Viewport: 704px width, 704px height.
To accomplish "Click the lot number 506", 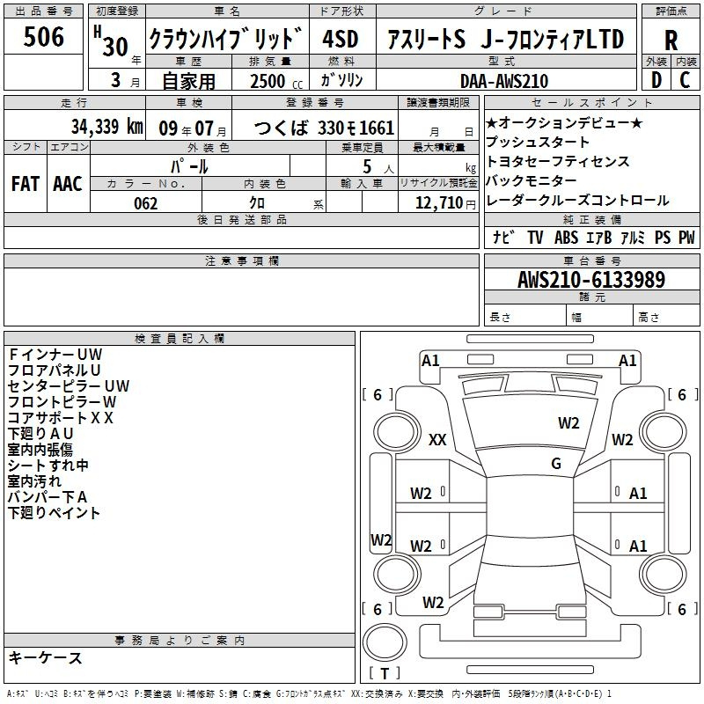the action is coord(43,37).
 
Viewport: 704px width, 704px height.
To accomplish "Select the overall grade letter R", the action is coord(671,40).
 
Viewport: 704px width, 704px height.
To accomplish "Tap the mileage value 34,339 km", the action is coord(106,126).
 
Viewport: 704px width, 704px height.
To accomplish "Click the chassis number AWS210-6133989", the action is coord(591,279).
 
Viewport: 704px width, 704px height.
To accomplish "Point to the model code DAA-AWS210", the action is coord(504,81).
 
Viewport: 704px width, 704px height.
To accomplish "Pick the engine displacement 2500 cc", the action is coord(276,81).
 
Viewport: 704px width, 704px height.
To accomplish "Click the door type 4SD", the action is coord(341,39).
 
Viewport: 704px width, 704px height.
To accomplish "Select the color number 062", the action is coord(146,203).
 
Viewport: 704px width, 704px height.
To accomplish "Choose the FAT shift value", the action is coord(26,184).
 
